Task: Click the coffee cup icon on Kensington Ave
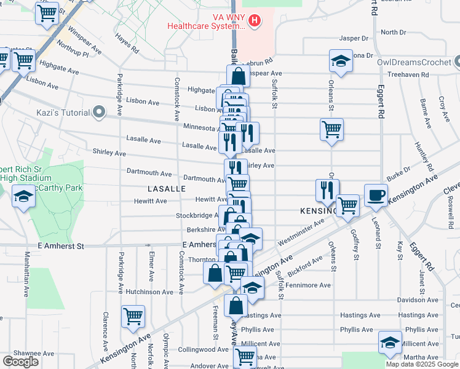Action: pyautogui.click(x=376, y=196)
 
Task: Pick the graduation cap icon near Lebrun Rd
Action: pyautogui.click(x=341, y=61)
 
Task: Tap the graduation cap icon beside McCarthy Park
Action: pyautogui.click(x=23, y=197)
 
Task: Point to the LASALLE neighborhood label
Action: pyautogui.click(x=167, y=189)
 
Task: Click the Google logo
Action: pyautogui.click(x=21, y=362)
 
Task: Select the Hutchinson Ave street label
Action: pyautogui.click(x=149, y=292)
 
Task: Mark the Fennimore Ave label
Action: pyautogui.click(x=311, y=285)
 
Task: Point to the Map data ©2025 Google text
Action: pyautogui.click(x=422, y=364)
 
